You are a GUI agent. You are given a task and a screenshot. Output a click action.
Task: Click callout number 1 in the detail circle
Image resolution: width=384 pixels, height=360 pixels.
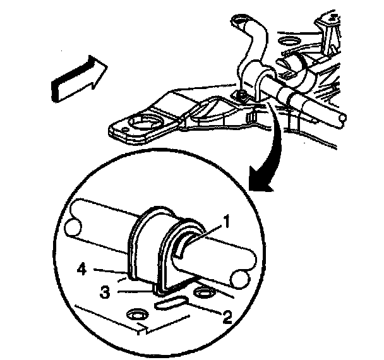(x=227, y=221)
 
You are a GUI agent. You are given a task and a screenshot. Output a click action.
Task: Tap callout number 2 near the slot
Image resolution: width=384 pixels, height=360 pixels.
(x=227, y=318)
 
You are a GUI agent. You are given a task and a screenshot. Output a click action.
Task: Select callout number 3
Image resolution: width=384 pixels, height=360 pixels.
(x=105, y=292)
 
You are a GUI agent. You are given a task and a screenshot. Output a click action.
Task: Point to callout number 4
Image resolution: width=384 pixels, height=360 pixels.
(x=82, y=270)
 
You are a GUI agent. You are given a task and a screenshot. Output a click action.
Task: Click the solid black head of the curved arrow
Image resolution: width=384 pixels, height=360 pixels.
(x=260, y=180)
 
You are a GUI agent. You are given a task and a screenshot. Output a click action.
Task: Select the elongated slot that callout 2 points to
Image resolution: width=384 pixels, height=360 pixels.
(x=171, y=303)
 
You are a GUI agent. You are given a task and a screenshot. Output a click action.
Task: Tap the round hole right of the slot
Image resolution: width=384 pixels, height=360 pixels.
(x=203, y=292)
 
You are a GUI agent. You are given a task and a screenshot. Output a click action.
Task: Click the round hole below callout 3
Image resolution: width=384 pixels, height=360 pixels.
(x=137, y=315)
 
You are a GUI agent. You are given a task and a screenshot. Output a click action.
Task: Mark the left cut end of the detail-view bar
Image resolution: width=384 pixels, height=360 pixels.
(x=73, y=227)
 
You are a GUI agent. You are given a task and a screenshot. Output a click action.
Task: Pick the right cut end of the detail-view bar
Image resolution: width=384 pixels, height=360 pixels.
(x=241, y=279)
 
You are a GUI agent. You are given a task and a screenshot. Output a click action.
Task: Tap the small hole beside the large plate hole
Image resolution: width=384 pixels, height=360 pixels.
(x=125, y=129)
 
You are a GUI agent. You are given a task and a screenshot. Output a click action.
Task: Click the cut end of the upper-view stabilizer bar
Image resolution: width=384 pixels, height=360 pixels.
(x=342, y=119)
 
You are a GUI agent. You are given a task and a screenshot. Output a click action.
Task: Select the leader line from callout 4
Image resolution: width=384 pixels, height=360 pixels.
(x=110, y=271)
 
